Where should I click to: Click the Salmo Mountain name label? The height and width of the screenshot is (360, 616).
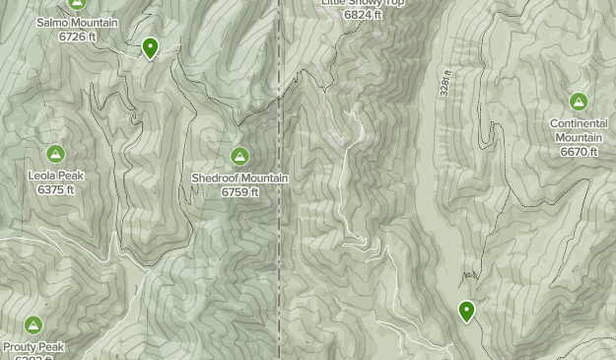click(x=77, y=23)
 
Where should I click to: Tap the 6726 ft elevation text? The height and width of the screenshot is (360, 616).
click(x=77, y=37)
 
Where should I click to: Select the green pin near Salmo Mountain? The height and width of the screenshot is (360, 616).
click(x=150, y=46)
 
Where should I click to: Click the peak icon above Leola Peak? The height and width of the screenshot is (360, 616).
click(x=55, y=155)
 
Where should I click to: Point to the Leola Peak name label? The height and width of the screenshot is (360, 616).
click(x=55, y=176)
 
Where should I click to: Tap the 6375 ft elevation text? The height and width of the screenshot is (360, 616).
click(x=55, y=190)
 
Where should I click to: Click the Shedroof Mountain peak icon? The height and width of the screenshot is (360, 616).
click(x=240, y=157)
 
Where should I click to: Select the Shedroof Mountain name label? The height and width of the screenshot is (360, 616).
click(x=240, y=179)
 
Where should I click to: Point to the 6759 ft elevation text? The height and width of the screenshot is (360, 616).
click(x=240, y=192)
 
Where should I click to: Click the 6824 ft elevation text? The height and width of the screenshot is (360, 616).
click(x=363, y=15)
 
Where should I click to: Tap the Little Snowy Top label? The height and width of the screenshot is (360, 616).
click(x=363, y=3)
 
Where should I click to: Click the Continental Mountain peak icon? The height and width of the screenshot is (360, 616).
click(x=579, y=102)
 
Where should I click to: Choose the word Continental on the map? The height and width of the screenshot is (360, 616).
click(x=579, y=124)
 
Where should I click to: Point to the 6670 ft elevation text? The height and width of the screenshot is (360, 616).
click(x=579, y=152)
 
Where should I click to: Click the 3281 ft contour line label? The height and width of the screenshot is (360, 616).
click(x=445, y=83)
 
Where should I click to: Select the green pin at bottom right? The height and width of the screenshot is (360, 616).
click(x=466, y=311)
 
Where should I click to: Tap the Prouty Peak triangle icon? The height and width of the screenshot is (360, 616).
click(x=34, y=325)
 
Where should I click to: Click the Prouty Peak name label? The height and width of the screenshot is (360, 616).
click(x=34, y=347)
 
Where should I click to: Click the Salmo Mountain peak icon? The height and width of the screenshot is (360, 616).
click(x=77, y=4)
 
